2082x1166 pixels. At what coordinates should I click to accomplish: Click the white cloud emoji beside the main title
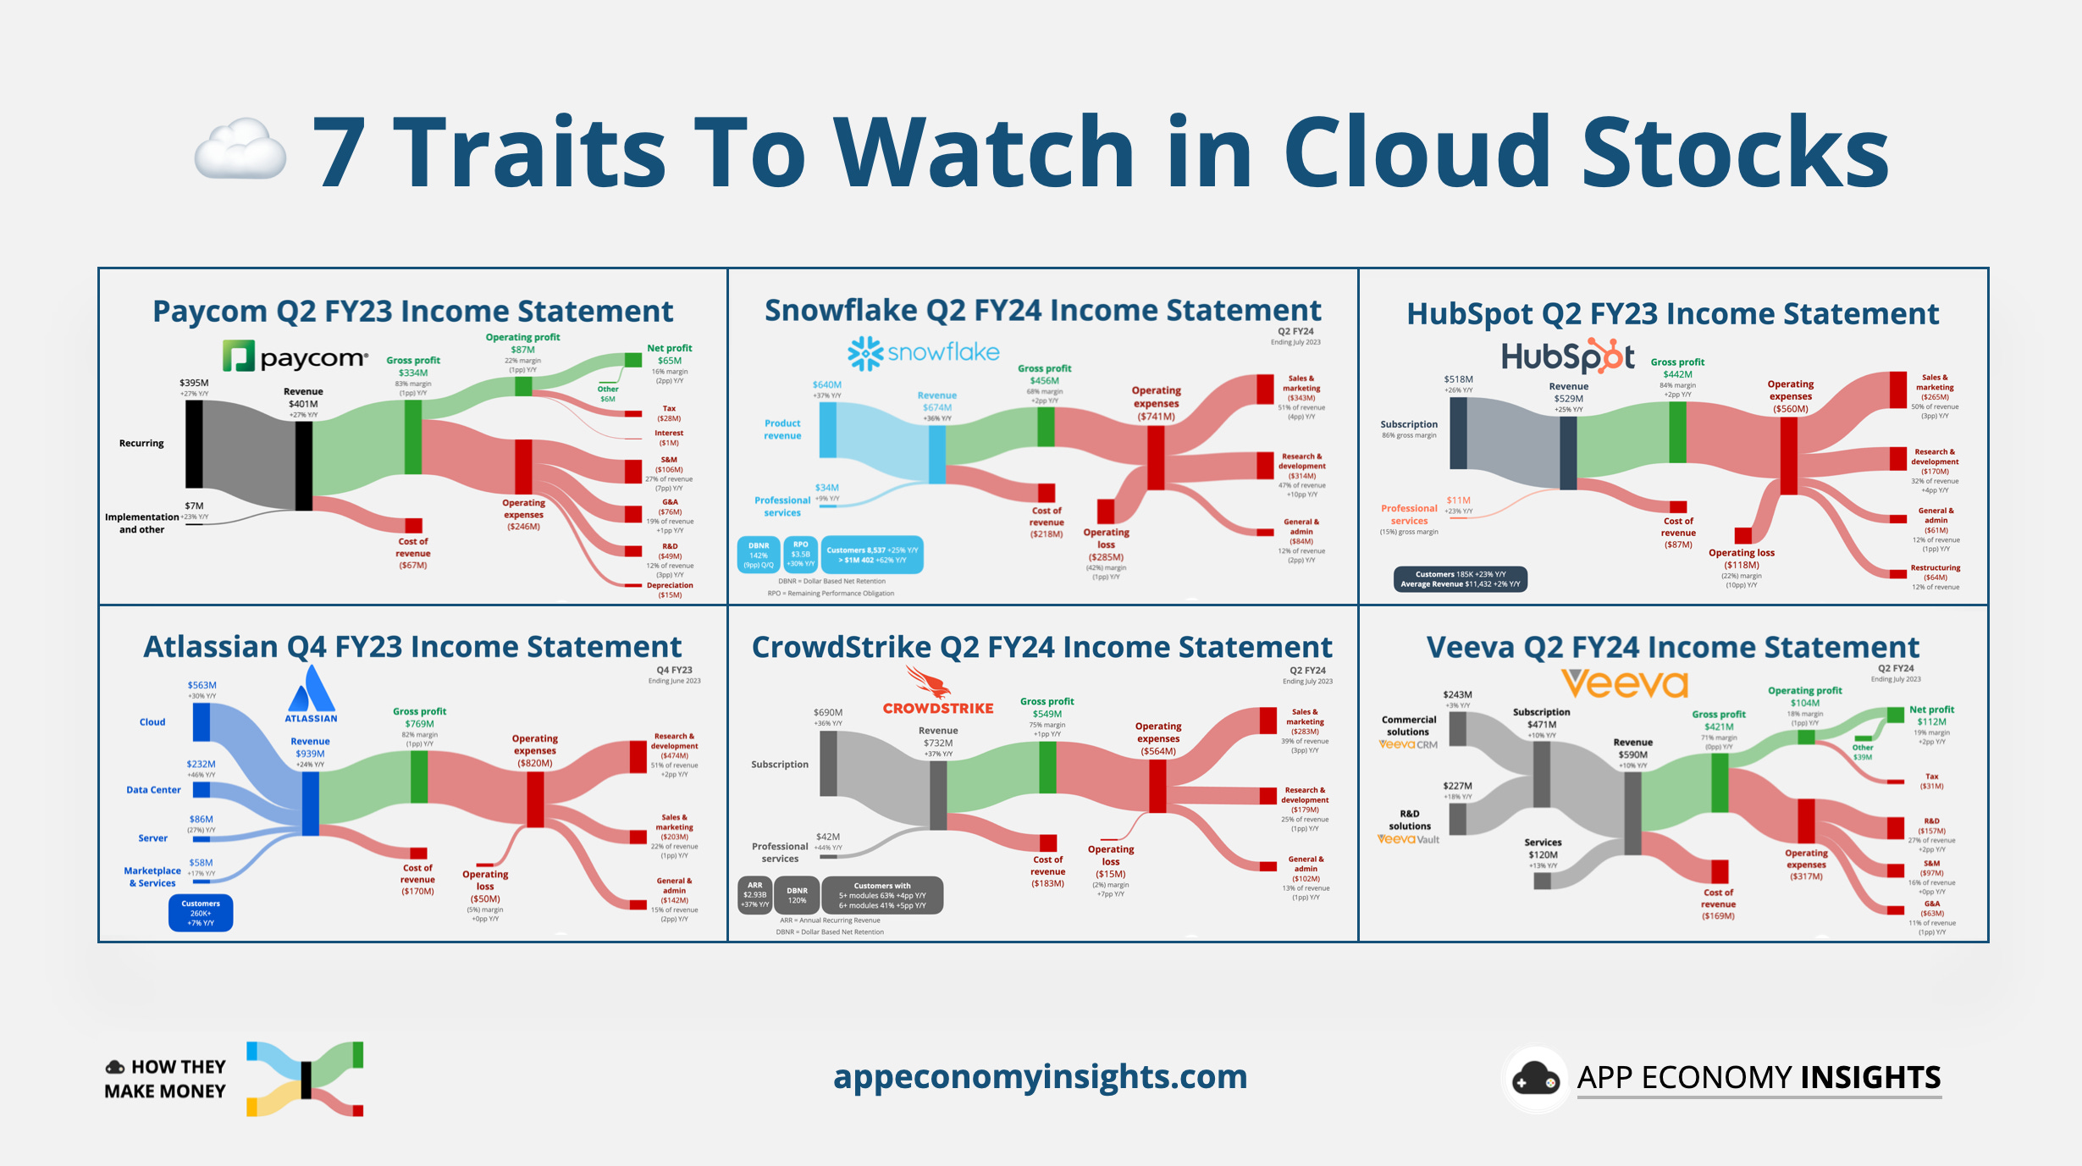(240, 151)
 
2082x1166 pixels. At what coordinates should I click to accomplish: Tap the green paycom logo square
(239, 356)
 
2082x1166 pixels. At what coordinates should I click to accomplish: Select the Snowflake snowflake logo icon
(865, 353)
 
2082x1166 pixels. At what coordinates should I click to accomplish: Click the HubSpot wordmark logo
(1567, 356)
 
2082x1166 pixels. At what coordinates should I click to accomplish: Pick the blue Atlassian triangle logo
(312, 689)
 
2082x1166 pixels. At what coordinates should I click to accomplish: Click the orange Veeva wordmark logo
(1625, 683)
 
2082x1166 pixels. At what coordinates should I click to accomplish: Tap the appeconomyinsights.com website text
(1040, 1076)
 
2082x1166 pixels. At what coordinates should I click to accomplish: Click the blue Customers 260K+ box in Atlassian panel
(201, 913)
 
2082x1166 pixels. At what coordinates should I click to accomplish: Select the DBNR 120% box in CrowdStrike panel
(797, 895)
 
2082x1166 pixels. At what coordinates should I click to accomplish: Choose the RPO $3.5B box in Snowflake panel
(800, 555)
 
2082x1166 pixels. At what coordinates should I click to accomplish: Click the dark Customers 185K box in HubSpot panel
(1460, 579)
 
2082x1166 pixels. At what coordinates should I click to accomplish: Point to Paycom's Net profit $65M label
(669, 355)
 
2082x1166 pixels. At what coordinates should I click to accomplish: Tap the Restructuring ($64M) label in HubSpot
(1935, 573)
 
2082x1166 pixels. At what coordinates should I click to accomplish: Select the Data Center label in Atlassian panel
(153, 790)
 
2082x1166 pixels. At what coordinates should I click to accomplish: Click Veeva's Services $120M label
(1543, 848)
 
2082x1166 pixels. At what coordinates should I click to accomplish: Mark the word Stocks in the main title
(1735, 152)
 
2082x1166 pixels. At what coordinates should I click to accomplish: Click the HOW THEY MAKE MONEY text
(166, 1079)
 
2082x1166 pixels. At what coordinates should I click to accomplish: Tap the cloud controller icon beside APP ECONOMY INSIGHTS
(1535, 1078)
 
